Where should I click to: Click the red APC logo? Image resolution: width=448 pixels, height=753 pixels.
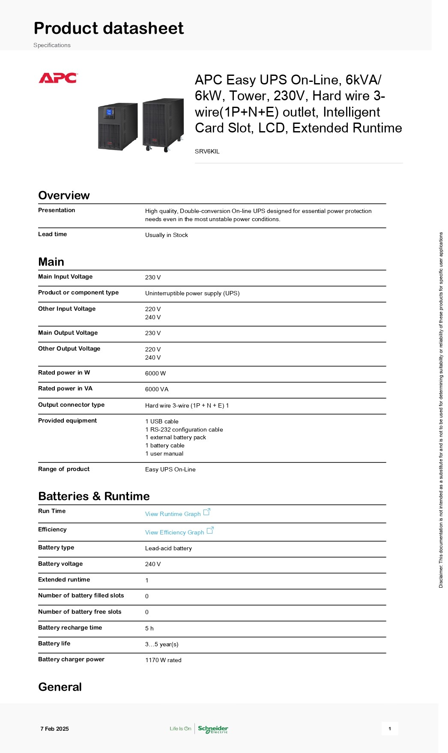tap(58, 78)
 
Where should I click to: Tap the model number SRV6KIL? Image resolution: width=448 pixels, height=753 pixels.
tap(207, 151)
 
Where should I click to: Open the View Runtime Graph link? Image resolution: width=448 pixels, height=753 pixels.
tap(173, 514)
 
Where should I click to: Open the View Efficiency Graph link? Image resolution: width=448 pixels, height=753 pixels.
tap(175, 532)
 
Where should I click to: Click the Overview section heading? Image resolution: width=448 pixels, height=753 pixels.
tap(64, 195)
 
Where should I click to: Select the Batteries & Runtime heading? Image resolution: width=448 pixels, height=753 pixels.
tap(94, 496)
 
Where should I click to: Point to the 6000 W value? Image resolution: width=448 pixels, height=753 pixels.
tap(155, 373)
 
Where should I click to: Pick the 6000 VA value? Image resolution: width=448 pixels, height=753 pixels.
tap(157, 389)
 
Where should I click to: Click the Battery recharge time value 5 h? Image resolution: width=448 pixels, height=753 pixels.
tap(149, 628)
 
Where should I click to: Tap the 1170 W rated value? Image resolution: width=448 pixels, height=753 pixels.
tap(163, 660)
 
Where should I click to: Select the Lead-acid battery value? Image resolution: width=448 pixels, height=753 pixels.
tap(168, 548)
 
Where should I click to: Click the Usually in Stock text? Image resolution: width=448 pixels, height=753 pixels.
tap(167, 235)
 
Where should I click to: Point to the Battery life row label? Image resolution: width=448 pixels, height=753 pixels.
tap(54, 643)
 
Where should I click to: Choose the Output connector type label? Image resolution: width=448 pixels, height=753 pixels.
tap(71, 405)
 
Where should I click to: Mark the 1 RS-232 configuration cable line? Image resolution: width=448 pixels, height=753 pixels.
tap(184, 429)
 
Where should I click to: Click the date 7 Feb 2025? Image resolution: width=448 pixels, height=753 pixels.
tap(54, 729)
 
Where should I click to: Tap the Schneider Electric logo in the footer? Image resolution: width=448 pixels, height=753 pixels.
tap(213, 729)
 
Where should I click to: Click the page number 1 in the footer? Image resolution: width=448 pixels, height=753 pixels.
tap(390, 729)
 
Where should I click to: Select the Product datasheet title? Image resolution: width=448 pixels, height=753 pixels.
tap(109, 28)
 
